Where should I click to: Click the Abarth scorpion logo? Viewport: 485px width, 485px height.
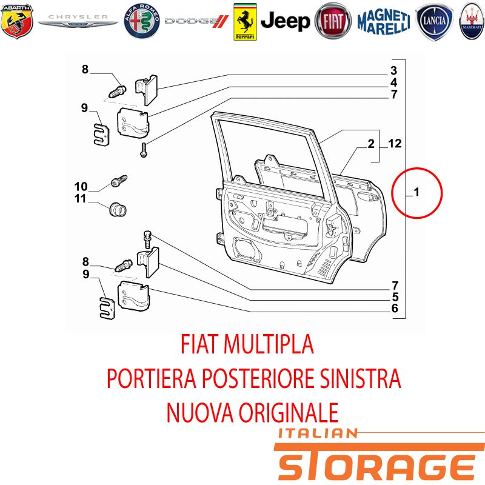pyautogui.click(x=17, y=21)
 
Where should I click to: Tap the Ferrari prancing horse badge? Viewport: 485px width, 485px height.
pyautogui.click(x=245, y=22)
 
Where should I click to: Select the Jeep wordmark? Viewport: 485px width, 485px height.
pyautogui.click(x=285, y=21)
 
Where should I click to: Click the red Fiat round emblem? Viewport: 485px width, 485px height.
pyautogui.click(x=333, y=21)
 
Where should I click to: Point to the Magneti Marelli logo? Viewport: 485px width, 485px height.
pyautogui.click(x=384, y=21)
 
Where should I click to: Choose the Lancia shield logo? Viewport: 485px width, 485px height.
pyautogui.click(x=434, y=22)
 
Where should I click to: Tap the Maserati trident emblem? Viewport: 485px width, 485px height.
pyautogui.click(x=472, y=21)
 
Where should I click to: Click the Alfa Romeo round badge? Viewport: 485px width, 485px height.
pyautogui.click(x=142, y=21)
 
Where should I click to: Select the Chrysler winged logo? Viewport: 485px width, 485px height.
pyautogui.click(x=78, y=20)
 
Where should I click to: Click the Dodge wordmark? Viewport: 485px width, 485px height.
pyautogui.click(x=196, y=21)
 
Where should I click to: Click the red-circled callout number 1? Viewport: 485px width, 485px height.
pyautogui.click(x=416, y=192)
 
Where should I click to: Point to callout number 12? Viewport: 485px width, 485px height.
pyautogui.click(x=395, y=143)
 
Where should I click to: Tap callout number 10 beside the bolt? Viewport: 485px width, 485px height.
pyautogui.click(x=81, y=187)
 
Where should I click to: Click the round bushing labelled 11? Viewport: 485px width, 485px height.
pyautogui.click(x=118, y=209)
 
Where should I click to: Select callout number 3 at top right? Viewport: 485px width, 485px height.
pyautogui.click(x=393, y=70)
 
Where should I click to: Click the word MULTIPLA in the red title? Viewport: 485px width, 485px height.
pyautogui.click(x=269, y=344)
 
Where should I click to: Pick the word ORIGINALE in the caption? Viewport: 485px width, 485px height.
pyautogui.click(x=289, y=412)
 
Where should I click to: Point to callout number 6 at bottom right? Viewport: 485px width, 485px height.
pyautogui.click(x=395, y=308)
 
